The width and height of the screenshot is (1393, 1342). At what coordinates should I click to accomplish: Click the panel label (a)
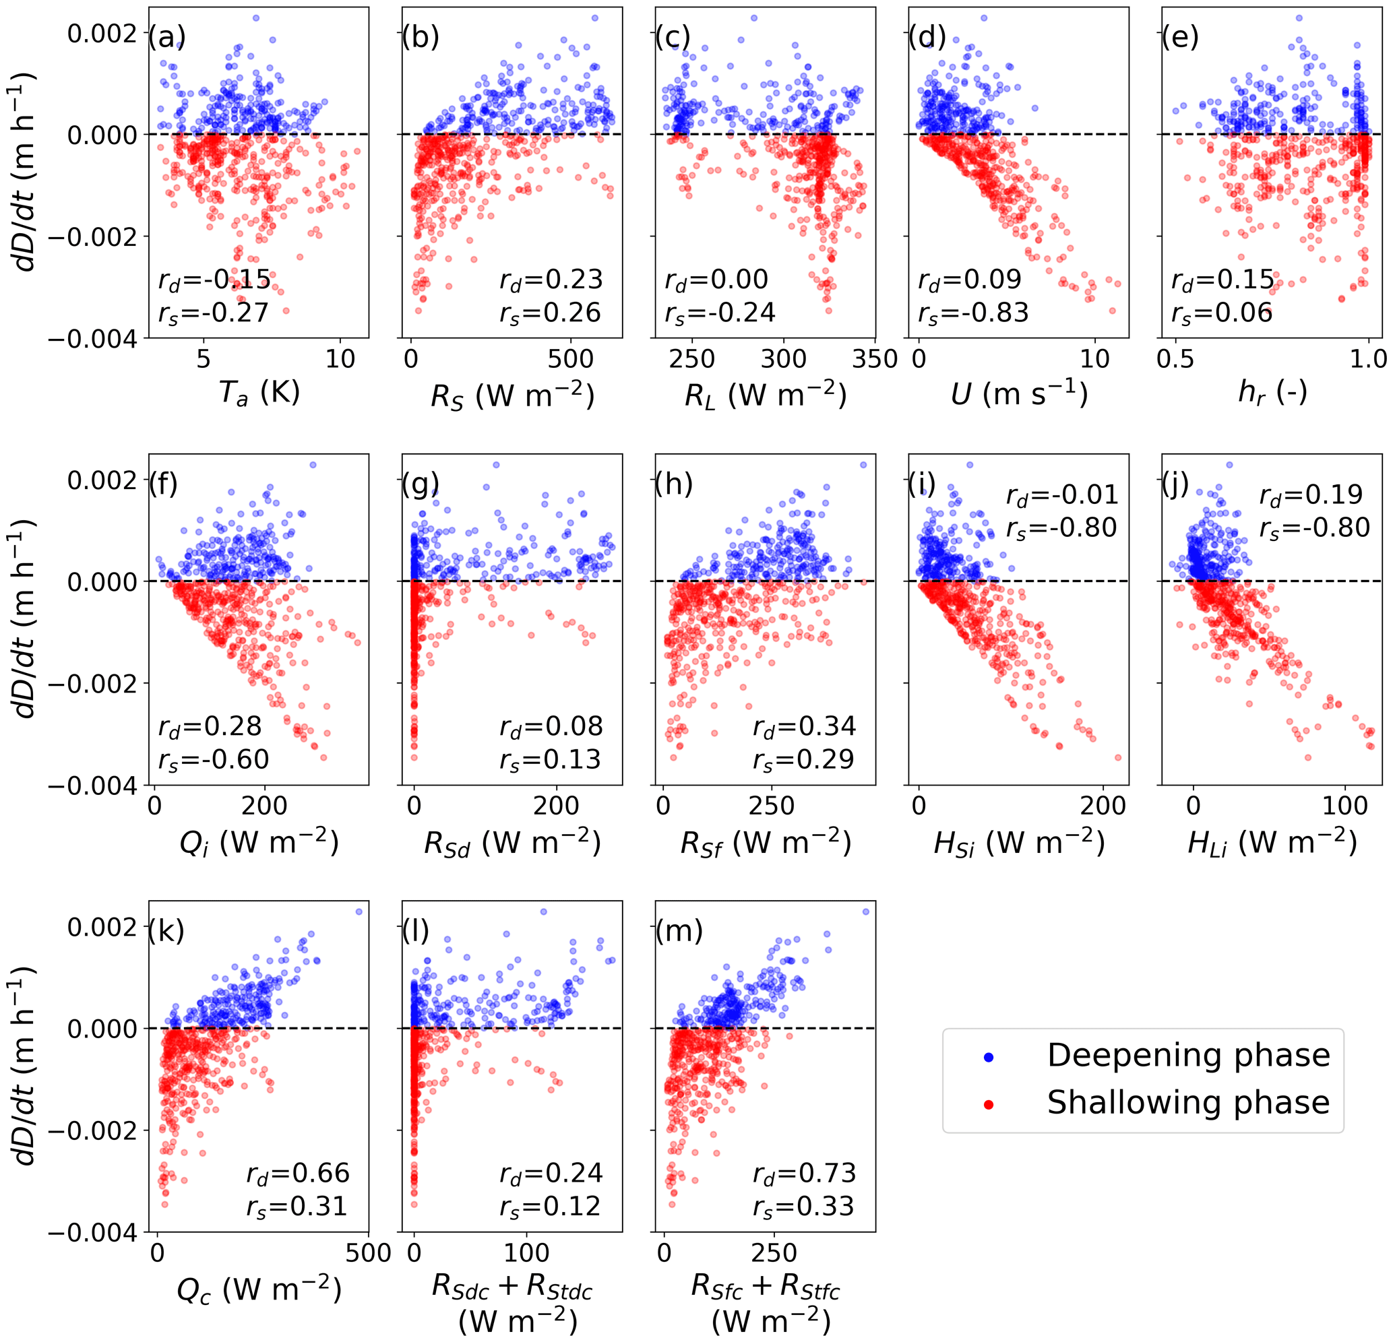(x=166, y=37)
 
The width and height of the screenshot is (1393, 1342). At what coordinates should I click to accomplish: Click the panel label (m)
(x=679, y=930)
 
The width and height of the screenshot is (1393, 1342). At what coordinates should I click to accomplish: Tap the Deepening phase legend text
(x=1187, y=1055)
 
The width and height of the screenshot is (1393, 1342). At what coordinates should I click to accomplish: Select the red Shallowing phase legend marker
(x=988, y=1104)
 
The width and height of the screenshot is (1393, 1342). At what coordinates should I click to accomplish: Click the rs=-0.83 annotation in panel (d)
(x=973, y=313)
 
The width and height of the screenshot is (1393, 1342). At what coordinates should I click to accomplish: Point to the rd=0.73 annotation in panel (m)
(x=805, y=1173)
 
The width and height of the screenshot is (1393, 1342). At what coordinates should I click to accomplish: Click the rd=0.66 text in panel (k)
(x=298, y=1173)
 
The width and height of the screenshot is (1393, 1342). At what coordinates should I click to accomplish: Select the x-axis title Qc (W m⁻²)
(x=259, y=1289)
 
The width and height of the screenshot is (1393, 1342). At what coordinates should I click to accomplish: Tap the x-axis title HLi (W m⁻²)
(x=1272, y=843)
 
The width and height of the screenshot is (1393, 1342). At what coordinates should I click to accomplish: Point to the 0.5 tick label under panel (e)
(x=1175, y=359)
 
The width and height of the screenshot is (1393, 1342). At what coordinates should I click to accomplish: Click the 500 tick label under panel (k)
(x=368, y=1252)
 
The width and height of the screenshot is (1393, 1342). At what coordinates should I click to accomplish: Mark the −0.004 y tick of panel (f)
(x=92, y=786)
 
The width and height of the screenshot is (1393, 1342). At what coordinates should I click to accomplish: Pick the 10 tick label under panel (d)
(x=1094, y=359)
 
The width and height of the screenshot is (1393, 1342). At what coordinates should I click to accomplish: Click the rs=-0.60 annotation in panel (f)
(x=213, y=759)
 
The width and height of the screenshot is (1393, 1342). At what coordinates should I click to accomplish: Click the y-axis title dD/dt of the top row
(x=27, y=170)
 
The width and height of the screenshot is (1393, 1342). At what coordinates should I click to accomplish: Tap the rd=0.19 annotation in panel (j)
(x=1311, y=494)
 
